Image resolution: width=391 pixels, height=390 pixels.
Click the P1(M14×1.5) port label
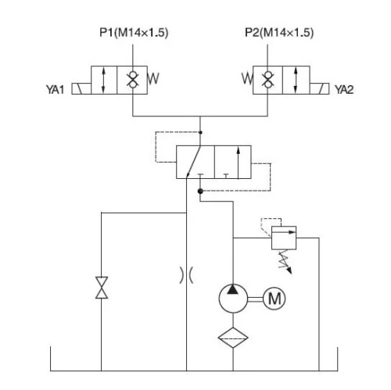click(x=132, y=33)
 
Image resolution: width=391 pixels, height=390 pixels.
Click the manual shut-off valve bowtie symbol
click(x=101, y=287)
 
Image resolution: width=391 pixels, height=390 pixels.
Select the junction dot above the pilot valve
click(x=201, y=134)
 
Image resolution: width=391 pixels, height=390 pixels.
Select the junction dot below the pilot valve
click(x=201, y=190)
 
